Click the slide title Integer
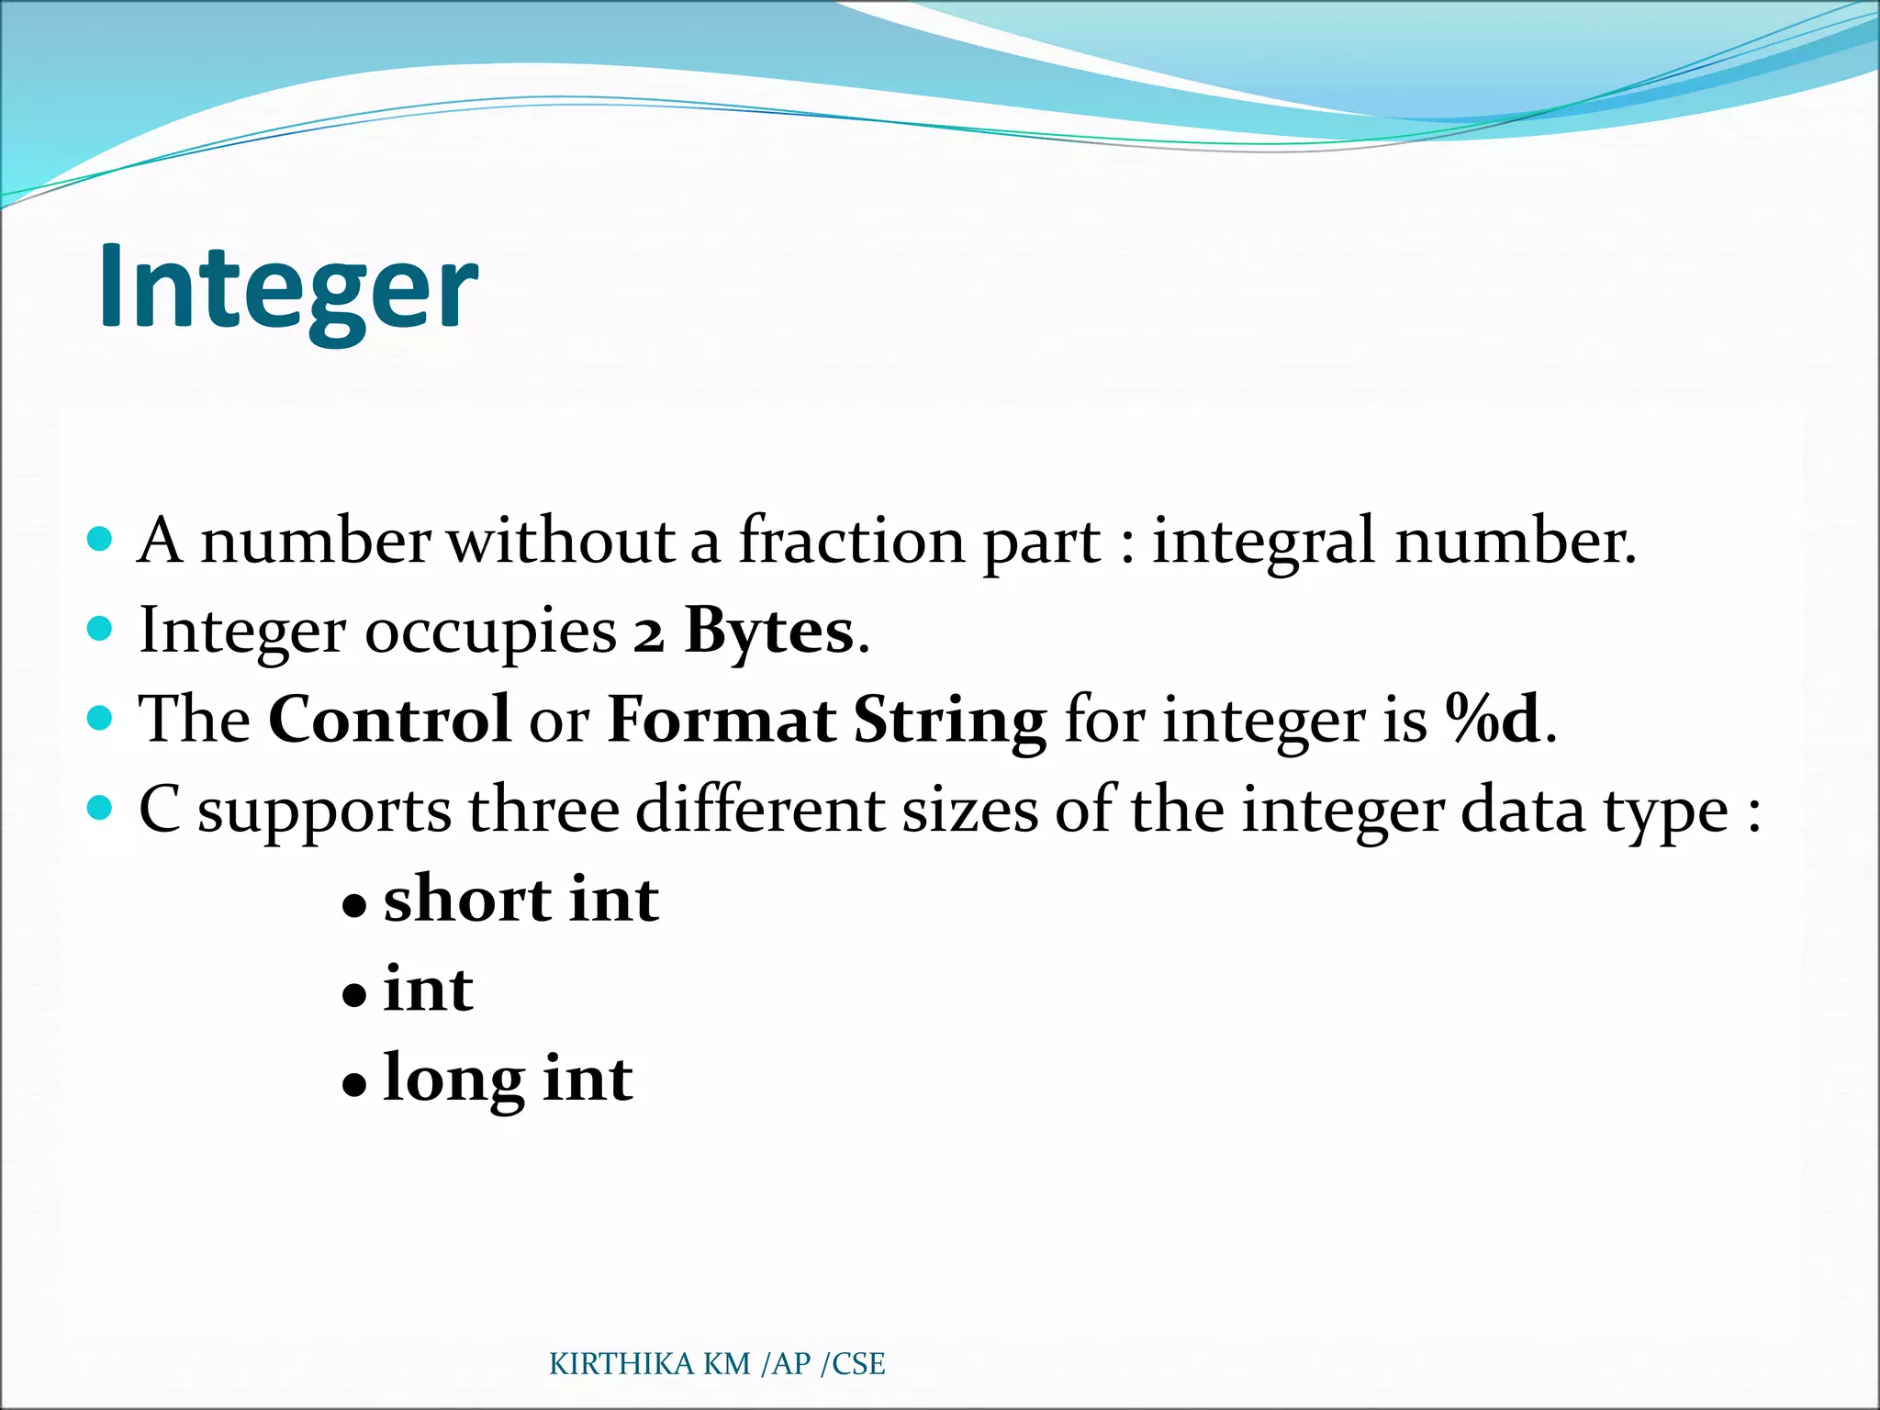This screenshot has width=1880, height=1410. [287, 287]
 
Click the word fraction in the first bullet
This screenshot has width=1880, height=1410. [851, 540]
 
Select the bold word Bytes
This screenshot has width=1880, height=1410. [769, 631]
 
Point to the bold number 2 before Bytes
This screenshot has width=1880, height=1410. [648, 633]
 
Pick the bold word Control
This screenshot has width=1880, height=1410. [389, 719]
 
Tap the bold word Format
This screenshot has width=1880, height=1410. [722, 719]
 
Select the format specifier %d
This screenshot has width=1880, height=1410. [1493, 719]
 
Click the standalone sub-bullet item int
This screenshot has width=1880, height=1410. [428, 990]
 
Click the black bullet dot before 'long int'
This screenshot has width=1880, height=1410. [354, 1085]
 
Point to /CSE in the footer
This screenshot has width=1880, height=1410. [853, 1364]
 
